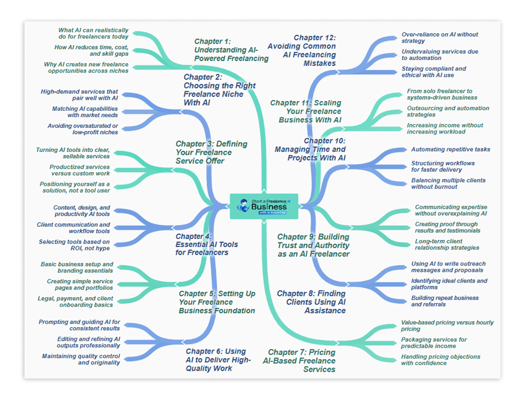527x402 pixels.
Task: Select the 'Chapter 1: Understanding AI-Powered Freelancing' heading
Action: [231, 50]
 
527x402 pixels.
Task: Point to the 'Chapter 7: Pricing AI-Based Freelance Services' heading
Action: [302, 360]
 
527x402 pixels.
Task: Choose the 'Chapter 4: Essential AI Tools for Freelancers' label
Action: [206, 244]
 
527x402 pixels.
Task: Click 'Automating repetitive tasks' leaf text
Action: [451, 149]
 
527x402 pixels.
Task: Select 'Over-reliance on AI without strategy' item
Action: [439, 38]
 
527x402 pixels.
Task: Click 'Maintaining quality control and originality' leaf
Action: [81, 359]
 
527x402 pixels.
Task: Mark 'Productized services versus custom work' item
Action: [80, 170]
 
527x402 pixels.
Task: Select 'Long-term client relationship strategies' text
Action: [446, 244]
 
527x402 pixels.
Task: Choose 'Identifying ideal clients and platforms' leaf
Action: [449, 284]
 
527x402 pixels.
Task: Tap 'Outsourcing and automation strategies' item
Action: [448, 111]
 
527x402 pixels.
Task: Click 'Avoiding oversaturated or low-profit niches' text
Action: [83, 129]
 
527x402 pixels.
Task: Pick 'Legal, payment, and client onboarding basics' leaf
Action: [75, 301]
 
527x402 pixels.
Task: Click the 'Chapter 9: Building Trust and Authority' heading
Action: [313, 245]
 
